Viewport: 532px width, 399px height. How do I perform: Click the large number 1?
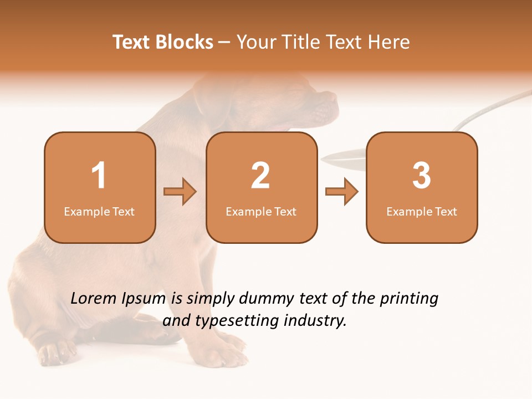[x=99, y=176]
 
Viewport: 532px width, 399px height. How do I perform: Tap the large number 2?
[x=260, y=176]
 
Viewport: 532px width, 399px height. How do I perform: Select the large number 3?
[x=422, y=176]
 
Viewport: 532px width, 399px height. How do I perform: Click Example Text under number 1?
[x=99, y=212]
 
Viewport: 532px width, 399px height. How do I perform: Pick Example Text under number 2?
[x=261, y=212]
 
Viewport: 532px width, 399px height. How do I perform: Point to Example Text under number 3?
[x=422, y=212]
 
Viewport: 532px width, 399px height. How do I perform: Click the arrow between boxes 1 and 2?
[x=180, y=192]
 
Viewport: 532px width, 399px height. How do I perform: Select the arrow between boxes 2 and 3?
[x=341, y=192]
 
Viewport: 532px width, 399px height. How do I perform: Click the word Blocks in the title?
[x=184, y=42]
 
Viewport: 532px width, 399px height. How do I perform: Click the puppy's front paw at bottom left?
[x=55, y=352]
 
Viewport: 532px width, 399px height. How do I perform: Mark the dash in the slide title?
[x=225, y=42]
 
